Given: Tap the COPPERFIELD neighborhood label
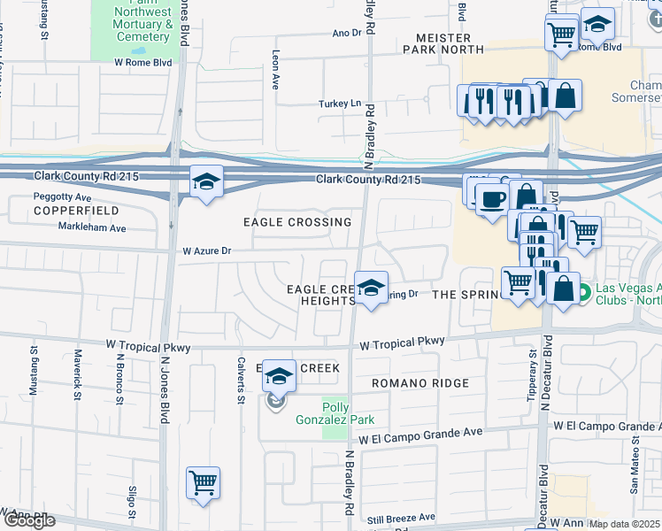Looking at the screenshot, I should click(64, 212).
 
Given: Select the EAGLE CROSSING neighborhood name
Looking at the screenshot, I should click(298, 222).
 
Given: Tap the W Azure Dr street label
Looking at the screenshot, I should click(206, 251).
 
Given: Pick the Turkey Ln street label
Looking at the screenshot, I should click(340, 104).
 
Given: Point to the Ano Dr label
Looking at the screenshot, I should click(347, 33).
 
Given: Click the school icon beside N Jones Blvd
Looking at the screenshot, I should click(206, 182).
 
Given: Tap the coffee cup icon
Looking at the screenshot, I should click(492, 198).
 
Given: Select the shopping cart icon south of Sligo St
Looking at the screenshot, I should click(203, 482).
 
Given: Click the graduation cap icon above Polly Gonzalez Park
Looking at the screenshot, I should click(279, 375).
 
